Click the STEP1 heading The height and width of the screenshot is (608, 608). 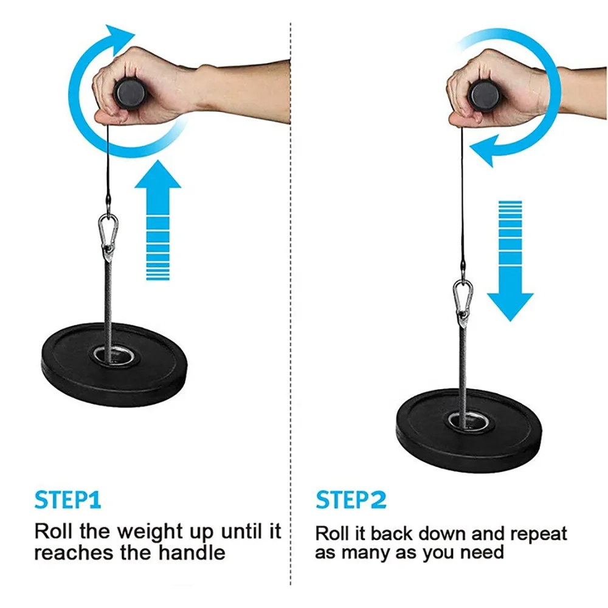click(68, 500)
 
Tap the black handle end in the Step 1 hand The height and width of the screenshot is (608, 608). click(129, 93)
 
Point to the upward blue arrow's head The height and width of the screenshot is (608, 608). click(157, 174)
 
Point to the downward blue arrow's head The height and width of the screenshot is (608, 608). click(510, 307)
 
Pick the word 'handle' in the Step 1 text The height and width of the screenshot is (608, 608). click(192, 552)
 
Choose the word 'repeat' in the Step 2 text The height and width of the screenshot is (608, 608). click(539, 534)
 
